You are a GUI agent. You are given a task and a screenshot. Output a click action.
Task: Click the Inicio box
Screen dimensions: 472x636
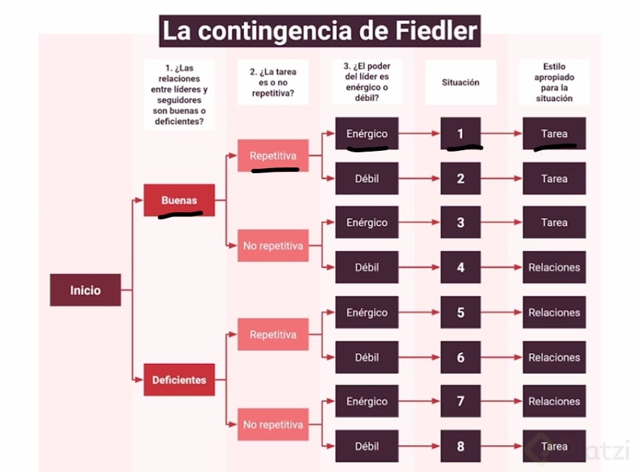pyautogui.click(x=85, y=290)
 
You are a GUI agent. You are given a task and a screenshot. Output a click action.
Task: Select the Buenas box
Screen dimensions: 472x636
pyautogui.click(x=179, y=200)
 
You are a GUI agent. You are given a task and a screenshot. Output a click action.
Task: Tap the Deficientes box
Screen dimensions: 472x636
pyautogui.click(x=179, y=380)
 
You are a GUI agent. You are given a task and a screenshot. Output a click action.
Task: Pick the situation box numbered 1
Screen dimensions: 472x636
pyautogui.click(x=460, y=134)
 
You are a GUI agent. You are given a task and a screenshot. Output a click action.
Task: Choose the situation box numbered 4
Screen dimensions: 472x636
pyautogui.click(x=460, y=267)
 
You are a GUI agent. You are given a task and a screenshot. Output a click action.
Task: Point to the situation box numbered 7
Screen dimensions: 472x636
pyautogui.click(x=460, y=401)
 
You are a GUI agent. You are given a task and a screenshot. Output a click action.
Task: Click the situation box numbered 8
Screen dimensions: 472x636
pyautogui.click(x=460, y=446)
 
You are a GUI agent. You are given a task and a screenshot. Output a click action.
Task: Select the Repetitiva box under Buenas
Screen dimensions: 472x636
pyautogui.click(x=273, y=156)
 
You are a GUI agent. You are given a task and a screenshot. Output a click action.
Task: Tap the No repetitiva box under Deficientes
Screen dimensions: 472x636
pyautogui.click(x=273, y=424)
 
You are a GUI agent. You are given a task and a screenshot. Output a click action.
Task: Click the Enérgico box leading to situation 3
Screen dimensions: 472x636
pyautogui.click(x=367, y=222)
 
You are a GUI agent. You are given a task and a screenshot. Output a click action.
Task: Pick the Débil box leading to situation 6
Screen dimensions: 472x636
pyautogui.click(x=367, y=357)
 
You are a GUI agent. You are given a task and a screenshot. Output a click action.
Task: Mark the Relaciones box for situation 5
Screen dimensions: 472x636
pyautogui.click(x=554, y=313)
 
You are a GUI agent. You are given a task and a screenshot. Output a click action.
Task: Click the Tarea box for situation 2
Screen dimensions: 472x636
pyautogui.click(x=554, y=178)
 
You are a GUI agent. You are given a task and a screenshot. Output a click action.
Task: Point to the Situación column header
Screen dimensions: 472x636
pyautogui.click(x=460, y=82)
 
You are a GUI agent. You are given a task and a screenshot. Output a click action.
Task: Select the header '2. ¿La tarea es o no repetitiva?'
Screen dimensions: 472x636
pyautogui.click(x=273, y=82)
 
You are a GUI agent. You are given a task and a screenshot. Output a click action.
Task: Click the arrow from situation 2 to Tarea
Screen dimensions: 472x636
pyautogui.click(x=501, y=178)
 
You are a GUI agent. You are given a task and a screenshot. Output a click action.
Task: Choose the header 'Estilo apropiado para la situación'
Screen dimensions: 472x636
pyautogui.click(x=554, y=82)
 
